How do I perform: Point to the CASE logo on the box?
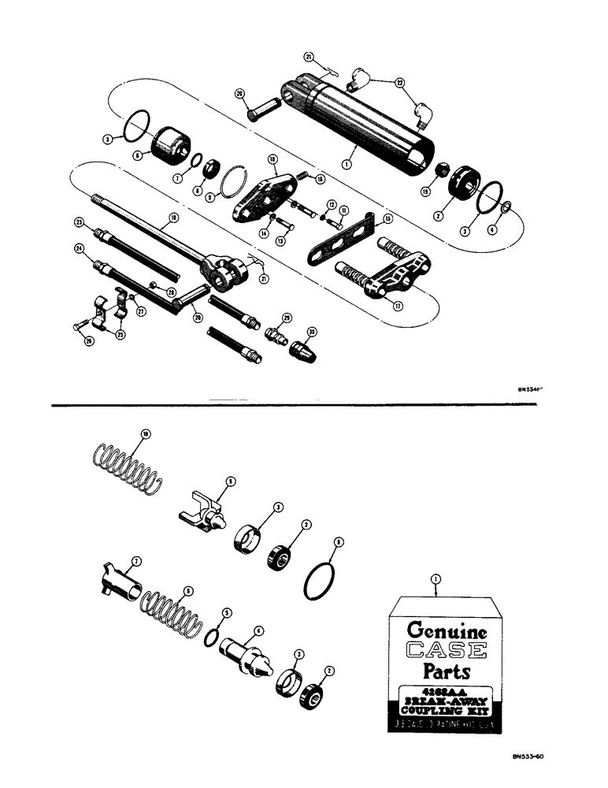[x=447, y=652]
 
